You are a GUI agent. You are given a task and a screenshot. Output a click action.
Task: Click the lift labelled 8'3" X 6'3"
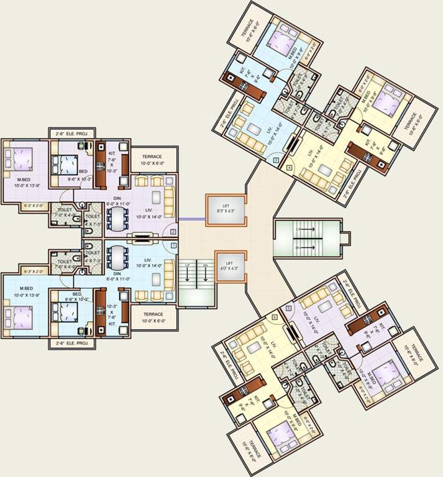226,208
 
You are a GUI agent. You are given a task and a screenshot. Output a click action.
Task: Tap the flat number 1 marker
173,246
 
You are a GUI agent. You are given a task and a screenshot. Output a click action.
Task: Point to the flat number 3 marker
275,160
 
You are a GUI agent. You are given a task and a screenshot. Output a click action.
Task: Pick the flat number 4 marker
289,167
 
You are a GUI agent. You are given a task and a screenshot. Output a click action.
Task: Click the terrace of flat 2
152,160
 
